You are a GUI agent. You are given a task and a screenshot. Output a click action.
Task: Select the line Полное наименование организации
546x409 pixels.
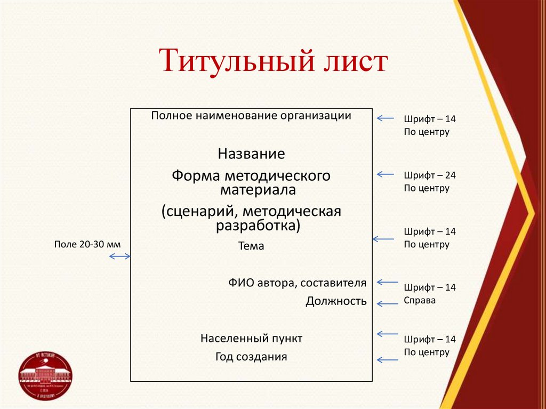[x=251, y=116]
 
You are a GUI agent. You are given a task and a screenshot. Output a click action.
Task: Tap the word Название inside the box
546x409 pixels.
[x=251, y=154]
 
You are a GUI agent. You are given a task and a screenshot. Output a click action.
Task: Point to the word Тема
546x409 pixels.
[x=251, y=246]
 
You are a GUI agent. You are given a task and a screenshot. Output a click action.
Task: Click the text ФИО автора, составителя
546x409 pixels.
[x=297, y=283]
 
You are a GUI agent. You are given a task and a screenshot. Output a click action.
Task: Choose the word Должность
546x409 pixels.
[x=336, y=301]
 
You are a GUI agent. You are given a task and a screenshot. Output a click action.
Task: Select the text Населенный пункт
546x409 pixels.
[x=251, y=338]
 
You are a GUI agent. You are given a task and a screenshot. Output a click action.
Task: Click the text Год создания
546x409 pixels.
[x=251, y=357]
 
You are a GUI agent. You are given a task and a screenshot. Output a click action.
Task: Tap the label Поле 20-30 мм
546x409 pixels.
[x=87, y=244]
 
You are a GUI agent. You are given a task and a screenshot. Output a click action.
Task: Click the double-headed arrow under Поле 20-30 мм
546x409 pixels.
[x=120, y=257]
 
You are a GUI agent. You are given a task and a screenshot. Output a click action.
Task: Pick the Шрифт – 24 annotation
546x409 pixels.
[x=430, y=175]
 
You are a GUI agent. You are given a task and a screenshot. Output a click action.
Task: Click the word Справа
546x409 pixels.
[x=420, y=300]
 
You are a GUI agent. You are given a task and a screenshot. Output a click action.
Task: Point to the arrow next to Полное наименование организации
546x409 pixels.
[x=385, y=118]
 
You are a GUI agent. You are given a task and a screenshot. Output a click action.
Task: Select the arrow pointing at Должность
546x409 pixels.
[x=388, y=304]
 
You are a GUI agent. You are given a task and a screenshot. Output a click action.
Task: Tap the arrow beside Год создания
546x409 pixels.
[x=388, y=359]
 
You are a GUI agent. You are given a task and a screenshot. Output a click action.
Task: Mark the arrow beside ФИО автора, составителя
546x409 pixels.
[x=388, y=282]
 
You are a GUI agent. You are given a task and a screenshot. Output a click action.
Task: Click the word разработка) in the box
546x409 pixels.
[x=258, y=226]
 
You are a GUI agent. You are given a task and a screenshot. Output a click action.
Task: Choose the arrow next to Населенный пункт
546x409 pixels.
[x=388, y=334]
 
